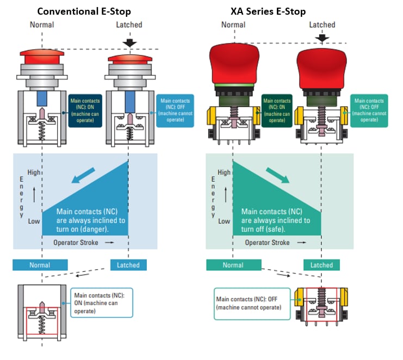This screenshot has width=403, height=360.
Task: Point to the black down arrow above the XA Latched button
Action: click(x=322, y=38)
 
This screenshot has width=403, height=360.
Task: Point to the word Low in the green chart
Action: click(x=224, y=221)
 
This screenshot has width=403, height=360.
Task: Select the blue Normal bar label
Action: click(x=40, y=265)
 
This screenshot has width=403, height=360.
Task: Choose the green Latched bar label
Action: click(x=321, y=265)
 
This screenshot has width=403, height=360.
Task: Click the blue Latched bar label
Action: click(x=128, y=265)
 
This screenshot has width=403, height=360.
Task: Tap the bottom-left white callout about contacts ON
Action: click(x=102, y=302)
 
